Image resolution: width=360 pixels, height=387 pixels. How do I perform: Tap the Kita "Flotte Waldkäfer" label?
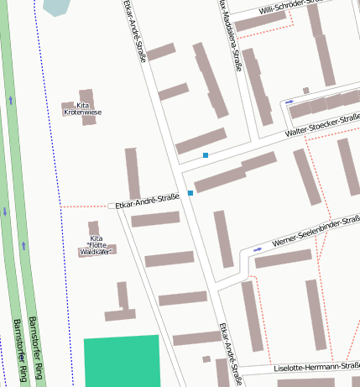coord(96,244)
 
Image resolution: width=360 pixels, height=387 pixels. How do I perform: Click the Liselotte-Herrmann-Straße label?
coord(318,367)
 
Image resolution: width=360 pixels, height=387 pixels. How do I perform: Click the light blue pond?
coord(57,7)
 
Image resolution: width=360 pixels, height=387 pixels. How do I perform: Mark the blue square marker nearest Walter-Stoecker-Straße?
coord(206,155)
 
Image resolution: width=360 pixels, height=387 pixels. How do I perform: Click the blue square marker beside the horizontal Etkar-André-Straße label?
coord(190,194)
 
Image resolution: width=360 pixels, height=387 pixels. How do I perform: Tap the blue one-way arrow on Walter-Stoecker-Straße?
coord(290,102)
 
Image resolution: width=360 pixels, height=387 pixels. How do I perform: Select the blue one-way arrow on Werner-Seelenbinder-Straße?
coord(258,249)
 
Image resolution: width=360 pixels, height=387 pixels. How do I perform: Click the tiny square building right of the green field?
coord(206,359)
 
